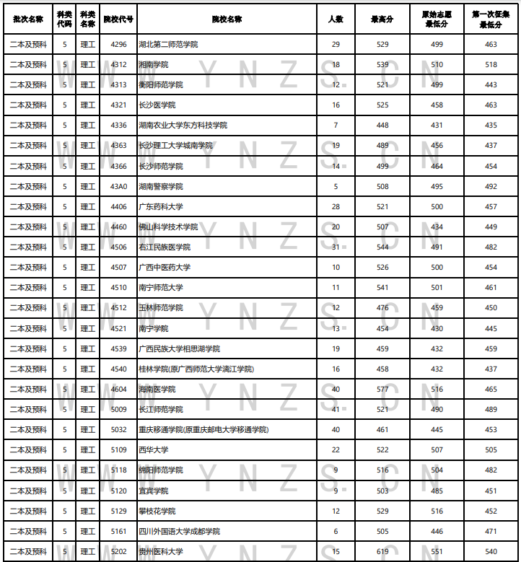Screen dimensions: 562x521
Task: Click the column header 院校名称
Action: [x=227, y=19]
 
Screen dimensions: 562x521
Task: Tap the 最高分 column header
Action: [x=382, y=19]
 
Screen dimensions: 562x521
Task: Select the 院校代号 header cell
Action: [x=118, y=19]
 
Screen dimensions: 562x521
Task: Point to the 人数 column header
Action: [x=336, y=19]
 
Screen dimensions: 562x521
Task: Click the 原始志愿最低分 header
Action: [x=437, y=19]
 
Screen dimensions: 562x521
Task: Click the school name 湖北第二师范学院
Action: [x=168, y=45]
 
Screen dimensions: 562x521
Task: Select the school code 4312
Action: [x=118, y=65]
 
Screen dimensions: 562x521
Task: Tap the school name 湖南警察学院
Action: [x=161, y=186]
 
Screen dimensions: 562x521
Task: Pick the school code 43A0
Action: [x=118, y=186]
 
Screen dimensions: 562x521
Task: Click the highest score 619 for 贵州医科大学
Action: [x=382, y=552]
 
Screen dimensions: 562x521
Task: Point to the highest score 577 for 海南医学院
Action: [x=382, y=390]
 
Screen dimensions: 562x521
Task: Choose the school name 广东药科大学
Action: [x=161, y=207]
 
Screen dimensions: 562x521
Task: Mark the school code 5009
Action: [x=118, y=410]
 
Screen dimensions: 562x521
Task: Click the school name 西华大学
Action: [x=154, y=450]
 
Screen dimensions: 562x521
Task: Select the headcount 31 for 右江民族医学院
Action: [x=336, y=247]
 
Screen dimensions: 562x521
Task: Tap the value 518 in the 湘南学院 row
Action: [x=491, y=65]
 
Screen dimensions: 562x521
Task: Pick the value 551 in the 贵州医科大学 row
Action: [x=437, y=552]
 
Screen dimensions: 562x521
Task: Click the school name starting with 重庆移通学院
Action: [x=203, y=430]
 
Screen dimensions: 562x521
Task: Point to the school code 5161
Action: [x=118, y=532]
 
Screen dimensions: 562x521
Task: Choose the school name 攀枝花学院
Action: [x=157, y=511]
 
